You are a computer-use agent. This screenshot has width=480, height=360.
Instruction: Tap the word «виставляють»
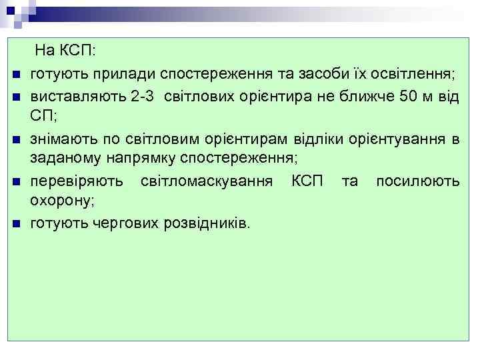tap(77, 95)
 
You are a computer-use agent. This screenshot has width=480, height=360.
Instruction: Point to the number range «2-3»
tap(145, 95)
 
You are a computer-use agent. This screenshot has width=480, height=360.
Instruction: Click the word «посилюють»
tap(418, 181)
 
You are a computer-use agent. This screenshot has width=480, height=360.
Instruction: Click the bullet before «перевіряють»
tap(15, 181)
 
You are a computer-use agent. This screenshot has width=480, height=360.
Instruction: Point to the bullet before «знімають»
tap(15, 139)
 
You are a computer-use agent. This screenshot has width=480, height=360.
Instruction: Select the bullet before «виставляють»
tap(15, 96)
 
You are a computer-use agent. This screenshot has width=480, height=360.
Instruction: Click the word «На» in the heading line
tap(45, 52)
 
